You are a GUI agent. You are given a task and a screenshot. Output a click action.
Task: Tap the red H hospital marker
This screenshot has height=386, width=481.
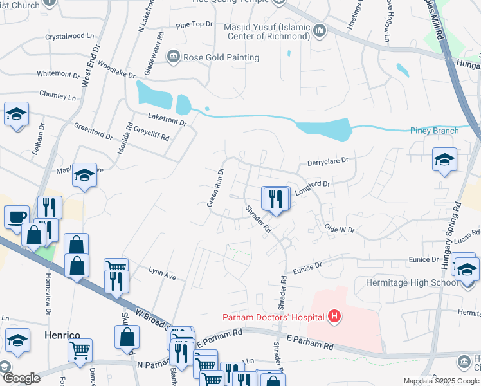click(x=334, y=316)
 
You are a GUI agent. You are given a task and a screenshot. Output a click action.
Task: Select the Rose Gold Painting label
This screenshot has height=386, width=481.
click(x=221, y=57)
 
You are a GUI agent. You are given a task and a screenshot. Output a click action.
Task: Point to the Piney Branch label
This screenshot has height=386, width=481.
click(x=435, y=131)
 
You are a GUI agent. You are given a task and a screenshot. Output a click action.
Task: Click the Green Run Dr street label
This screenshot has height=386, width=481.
click(x=214, y=187)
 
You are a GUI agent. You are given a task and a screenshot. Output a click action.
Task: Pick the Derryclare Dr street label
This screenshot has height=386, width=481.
click(x=327, y=161)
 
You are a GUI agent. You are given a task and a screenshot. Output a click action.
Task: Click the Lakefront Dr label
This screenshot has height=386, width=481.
click(x=167, y=118)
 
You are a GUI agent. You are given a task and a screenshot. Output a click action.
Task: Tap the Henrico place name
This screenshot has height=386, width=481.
click(x=60, y=335)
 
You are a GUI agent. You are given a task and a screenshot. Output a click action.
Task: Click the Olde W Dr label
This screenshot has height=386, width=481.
click(x=340, y=228)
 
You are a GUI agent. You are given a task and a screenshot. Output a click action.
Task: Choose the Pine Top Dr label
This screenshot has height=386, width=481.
click(x=194, y=24)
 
